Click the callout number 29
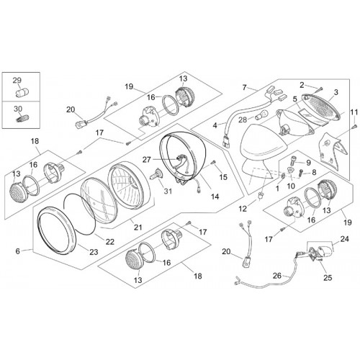[17, 80]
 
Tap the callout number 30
[18, 109]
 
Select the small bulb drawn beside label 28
[260, 116]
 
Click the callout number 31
[168, 191]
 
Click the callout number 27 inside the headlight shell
[148, 159]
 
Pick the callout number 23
[94, 252]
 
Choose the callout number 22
[110, 242]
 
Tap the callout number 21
[138, 227]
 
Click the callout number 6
[17, 251]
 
